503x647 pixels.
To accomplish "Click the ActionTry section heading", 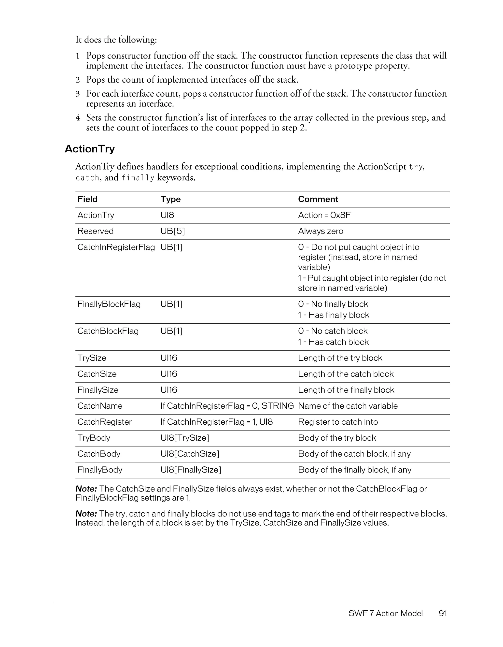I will [89, 149].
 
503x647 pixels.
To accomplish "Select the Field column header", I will [87, 199].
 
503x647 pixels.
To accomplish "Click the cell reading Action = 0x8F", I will [324, 215].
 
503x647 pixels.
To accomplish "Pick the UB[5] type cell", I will [172, 231].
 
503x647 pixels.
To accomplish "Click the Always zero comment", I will [320, 231].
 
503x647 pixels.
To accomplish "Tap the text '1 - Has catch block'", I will [333, 342].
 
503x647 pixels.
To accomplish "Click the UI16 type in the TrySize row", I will [168, 358].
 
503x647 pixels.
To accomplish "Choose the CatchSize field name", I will [97, 374].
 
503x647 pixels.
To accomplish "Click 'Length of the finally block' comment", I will [346, 390].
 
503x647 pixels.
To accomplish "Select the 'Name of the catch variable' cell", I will [348, 406].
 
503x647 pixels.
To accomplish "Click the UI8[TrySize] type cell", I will [184, 438].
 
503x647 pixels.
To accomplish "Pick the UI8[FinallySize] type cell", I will [191, 470].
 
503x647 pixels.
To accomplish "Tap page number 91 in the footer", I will [443, 613].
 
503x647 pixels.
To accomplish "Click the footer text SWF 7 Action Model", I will [385, 613].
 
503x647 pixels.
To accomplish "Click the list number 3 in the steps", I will [78, 94].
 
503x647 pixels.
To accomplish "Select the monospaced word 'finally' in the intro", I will [138, 178].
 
